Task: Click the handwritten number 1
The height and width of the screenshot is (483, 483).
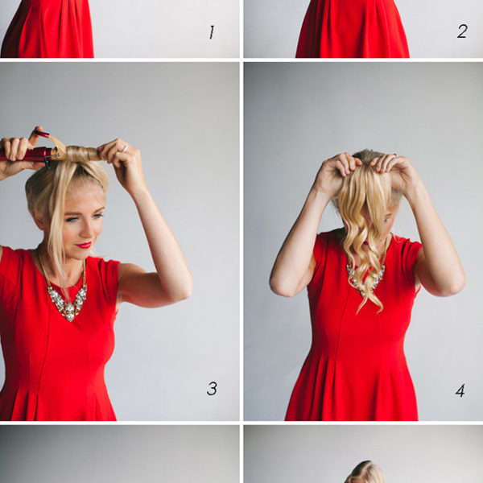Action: (x=212, y=32)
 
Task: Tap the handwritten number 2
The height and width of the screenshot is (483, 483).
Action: (x=462, y=31)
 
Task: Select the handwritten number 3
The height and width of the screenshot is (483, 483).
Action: (x=212, y=389)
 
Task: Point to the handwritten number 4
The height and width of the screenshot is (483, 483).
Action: (x=460, y=390)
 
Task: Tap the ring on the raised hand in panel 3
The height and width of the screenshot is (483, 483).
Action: (x=124, y=148)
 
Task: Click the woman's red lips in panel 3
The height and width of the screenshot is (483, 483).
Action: (x=84, y=246)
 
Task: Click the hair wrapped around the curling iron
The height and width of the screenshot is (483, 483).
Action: (x=81, y=154)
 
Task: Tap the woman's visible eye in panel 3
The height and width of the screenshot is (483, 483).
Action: (x=72, y=219)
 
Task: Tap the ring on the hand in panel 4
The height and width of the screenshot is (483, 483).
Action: (x=395, y=155)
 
